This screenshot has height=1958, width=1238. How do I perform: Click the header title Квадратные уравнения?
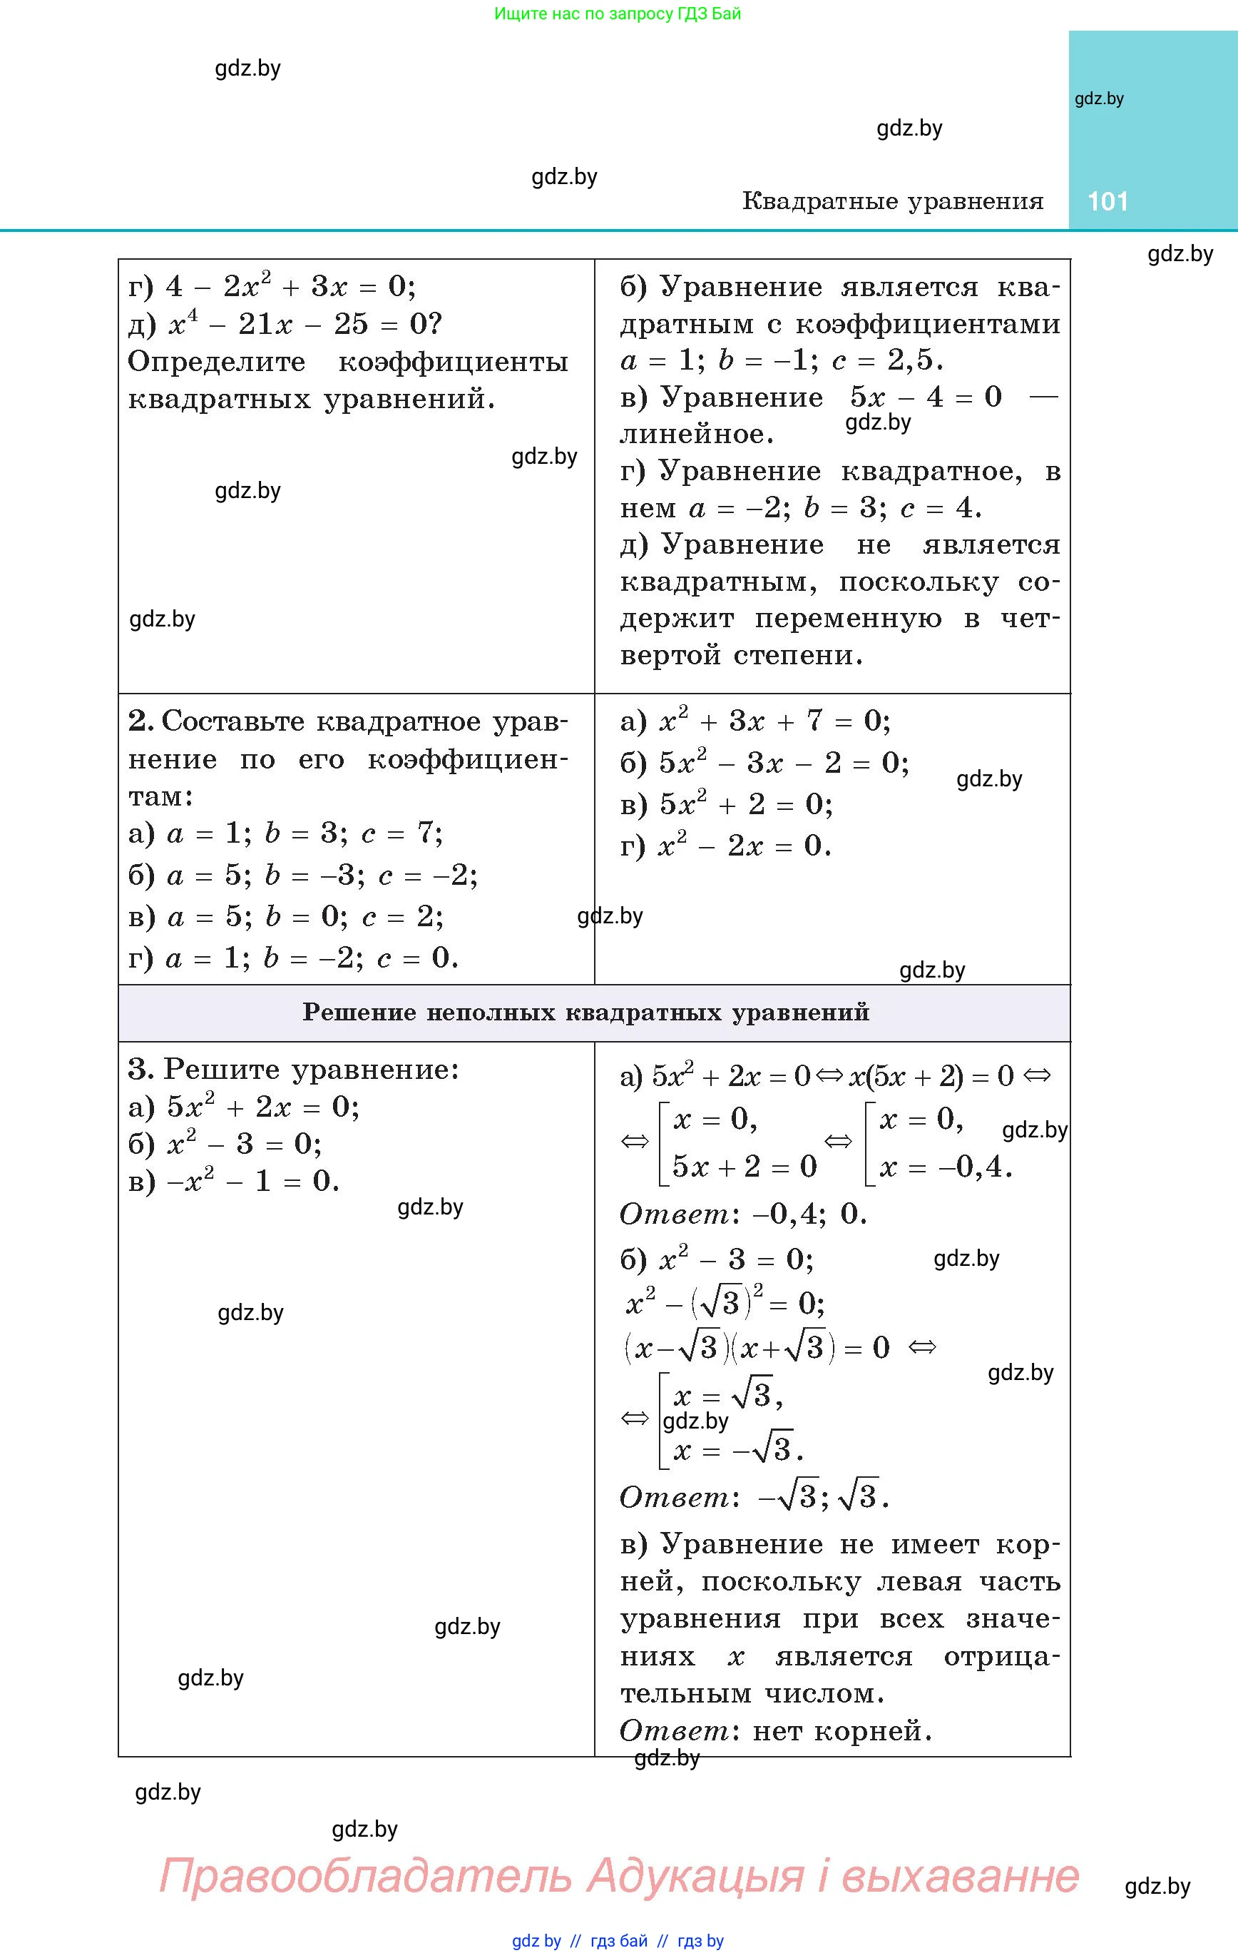coord(893,202)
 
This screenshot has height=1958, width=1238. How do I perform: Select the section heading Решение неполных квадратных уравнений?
coord(586,1013)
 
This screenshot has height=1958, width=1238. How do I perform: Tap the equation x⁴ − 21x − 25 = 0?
coord(305,325)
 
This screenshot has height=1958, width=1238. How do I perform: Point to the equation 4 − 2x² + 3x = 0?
coord(289,286)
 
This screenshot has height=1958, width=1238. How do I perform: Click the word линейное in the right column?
coord(697,435)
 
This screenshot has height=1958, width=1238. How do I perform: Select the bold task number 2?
coord(140,721)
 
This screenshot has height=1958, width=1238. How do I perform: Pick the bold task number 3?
coord(140,1069)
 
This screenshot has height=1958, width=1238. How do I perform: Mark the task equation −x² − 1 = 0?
coord(252,1182)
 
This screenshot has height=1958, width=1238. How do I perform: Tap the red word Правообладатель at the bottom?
coord(365,1877)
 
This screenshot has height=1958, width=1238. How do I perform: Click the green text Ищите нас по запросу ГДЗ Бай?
coord(618,14)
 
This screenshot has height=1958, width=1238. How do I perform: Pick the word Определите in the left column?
coord(216,362)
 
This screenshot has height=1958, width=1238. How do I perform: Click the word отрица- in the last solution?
coord(1001,1657)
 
